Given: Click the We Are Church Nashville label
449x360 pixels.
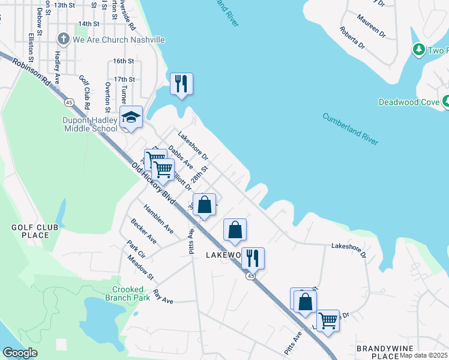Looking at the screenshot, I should coord(118,40).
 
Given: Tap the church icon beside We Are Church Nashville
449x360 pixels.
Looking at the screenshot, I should coord(63,40).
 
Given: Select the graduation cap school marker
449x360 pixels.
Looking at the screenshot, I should coord(130,118).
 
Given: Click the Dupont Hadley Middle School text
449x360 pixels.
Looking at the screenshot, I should coord(91,124).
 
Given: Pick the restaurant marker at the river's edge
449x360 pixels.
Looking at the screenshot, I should coord(181,83).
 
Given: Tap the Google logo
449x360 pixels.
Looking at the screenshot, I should coord(20,353).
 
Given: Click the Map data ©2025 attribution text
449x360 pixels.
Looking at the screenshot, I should coord(424,355).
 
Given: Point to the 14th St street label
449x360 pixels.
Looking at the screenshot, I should coord(88,24).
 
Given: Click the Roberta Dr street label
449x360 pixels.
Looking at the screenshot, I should coord(352,37).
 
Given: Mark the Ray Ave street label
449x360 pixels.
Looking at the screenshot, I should coord(163,295).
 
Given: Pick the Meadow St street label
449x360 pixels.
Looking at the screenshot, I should coord(140,267).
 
